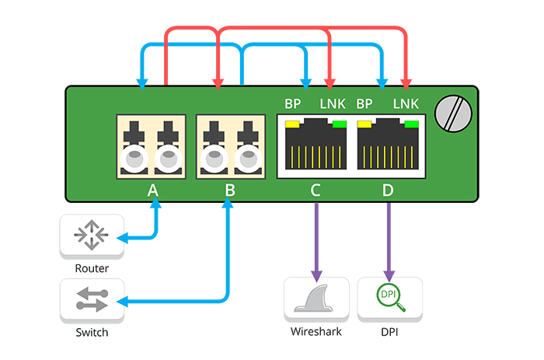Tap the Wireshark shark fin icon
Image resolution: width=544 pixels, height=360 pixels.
[x=316, y=299]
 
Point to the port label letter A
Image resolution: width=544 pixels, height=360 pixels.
[x=153, y=190]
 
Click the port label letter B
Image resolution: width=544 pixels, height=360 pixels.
[x=230, y=190]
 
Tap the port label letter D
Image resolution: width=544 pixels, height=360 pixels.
[x=388, y=190]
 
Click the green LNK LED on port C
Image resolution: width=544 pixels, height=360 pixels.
[x=339, y=124]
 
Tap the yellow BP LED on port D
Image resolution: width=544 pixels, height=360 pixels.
[x=364, y=124]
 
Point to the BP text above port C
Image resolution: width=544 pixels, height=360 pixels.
[x=293, y=103]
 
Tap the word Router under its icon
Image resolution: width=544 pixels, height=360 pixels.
[x=92, y=268]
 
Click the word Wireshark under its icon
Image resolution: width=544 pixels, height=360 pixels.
[x=316, y=333]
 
